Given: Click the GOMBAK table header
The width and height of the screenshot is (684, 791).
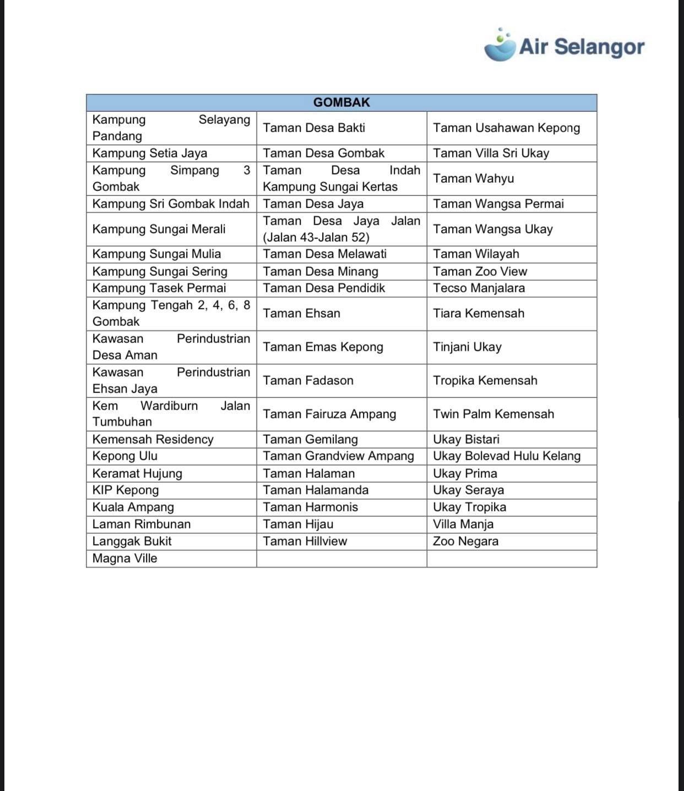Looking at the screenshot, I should point(341,102).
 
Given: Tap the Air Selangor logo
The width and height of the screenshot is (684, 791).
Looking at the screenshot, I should point(564,46).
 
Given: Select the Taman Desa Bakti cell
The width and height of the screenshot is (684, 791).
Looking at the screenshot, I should point(314,128).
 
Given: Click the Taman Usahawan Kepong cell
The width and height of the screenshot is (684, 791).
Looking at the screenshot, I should point(506,128).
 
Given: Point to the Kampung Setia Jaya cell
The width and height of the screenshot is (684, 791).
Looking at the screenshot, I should point(150,153).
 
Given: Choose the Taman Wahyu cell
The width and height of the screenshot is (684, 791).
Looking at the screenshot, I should point(473,178).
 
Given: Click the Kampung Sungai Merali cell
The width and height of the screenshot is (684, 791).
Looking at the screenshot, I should point(159,229).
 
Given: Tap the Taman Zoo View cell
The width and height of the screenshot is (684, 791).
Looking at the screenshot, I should point(480,271).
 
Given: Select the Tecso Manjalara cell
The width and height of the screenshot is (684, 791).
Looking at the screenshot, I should point(479,288).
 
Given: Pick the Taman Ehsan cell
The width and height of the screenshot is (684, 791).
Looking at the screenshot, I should point(301,313).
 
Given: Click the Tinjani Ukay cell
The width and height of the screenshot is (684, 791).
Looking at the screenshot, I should point(467,347).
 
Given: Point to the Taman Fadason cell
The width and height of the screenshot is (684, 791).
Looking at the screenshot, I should point(308,380).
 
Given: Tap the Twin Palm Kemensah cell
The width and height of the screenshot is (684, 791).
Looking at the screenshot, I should point(493,414).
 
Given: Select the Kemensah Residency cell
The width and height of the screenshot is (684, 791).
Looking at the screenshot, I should point(153,439).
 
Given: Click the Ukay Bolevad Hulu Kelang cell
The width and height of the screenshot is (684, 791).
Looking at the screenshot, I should point(507,456).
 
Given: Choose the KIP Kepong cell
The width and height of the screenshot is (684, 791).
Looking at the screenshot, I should point(126,490).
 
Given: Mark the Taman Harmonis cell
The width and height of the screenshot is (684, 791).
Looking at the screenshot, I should point(310,507).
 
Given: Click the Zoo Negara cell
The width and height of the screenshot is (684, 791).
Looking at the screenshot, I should point(465,541).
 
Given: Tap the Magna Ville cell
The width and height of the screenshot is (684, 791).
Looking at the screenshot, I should point(124,558).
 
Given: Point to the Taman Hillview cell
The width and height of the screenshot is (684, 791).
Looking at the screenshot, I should point(305,541).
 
